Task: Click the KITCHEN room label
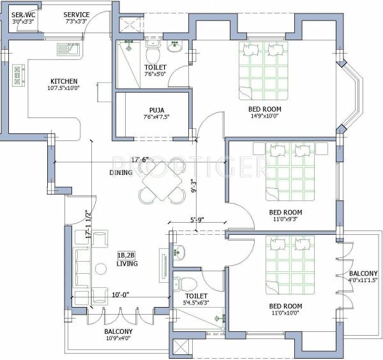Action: click(64, 81)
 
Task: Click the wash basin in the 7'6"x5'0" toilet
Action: click(174, 47)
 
